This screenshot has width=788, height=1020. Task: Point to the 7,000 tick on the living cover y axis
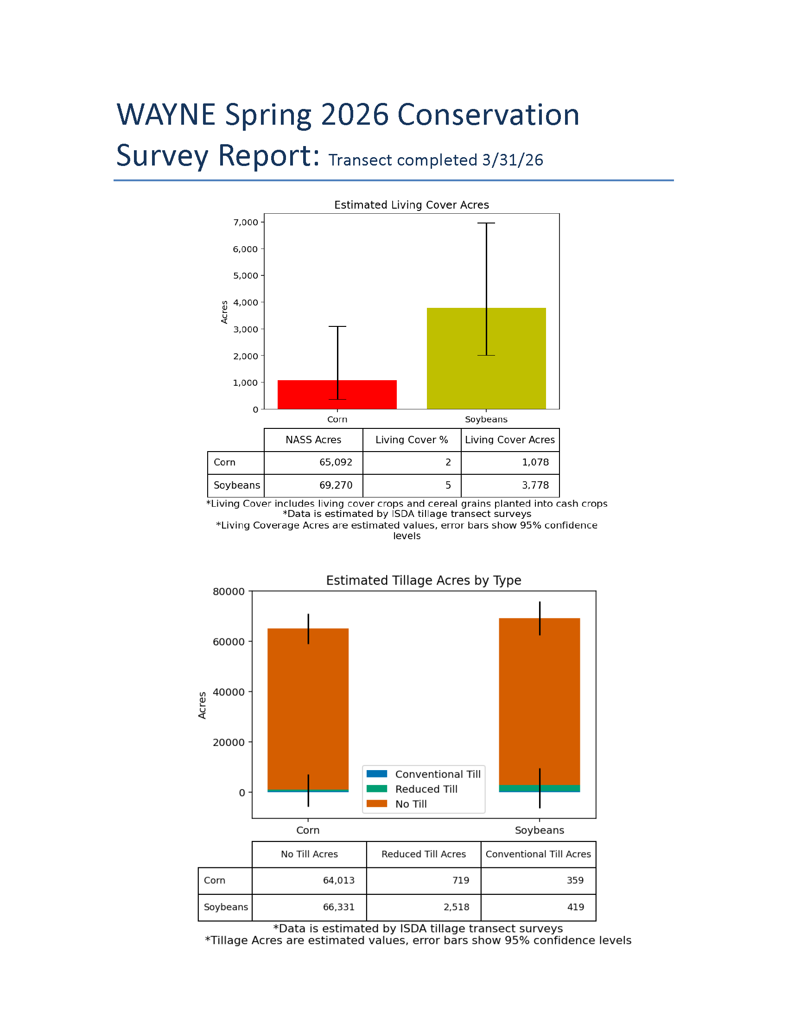[246, 222]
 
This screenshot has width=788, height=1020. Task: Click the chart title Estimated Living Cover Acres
[411, 205]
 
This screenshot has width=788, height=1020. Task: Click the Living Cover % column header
[411, 440]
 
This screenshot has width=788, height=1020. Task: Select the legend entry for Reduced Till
[426, 789]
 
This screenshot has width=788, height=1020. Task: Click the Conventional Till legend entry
[438, 774]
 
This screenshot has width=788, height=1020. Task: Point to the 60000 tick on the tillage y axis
[229, 642]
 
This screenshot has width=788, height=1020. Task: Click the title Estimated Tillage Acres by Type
[423, 580]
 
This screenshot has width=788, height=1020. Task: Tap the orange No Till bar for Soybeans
[555, 701]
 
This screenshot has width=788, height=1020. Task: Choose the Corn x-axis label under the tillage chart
[308, 830]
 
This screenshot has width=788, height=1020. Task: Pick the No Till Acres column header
[309, 854]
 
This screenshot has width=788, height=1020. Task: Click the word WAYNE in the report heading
[166, 115]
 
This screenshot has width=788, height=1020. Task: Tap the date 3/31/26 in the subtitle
[513, 160]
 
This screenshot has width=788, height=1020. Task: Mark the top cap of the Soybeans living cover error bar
[486, 223]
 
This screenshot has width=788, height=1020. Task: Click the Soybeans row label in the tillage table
[225, 907]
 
